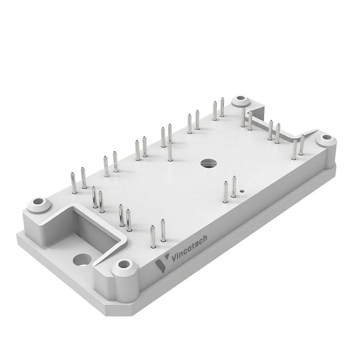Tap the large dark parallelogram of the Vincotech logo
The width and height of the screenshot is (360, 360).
[x=160, y=266]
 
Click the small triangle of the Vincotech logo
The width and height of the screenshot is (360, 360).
[x=167, y=256]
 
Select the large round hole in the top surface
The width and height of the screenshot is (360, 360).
[x=208, y=163]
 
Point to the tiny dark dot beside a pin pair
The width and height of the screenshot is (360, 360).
[x=241, y=191]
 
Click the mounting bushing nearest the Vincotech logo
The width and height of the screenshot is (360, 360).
[x=124, y=268]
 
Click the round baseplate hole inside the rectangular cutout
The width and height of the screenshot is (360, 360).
[x=82, y=261]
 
